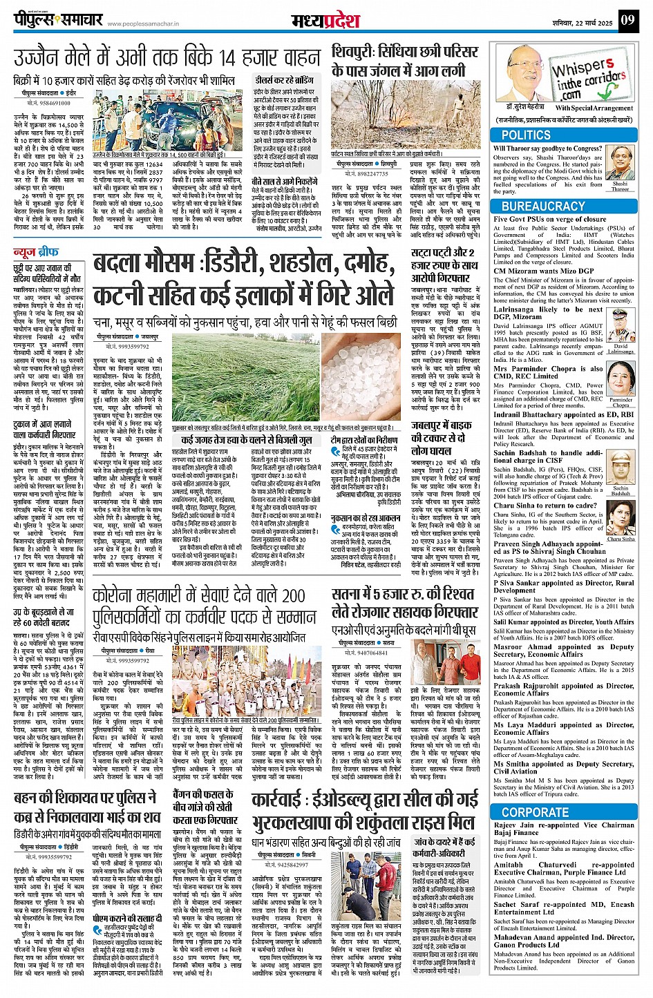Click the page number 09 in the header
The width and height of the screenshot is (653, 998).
[627, 20]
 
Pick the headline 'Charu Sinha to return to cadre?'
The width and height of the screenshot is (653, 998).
[545, 506]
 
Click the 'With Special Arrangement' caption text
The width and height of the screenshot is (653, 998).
[594, 108]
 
